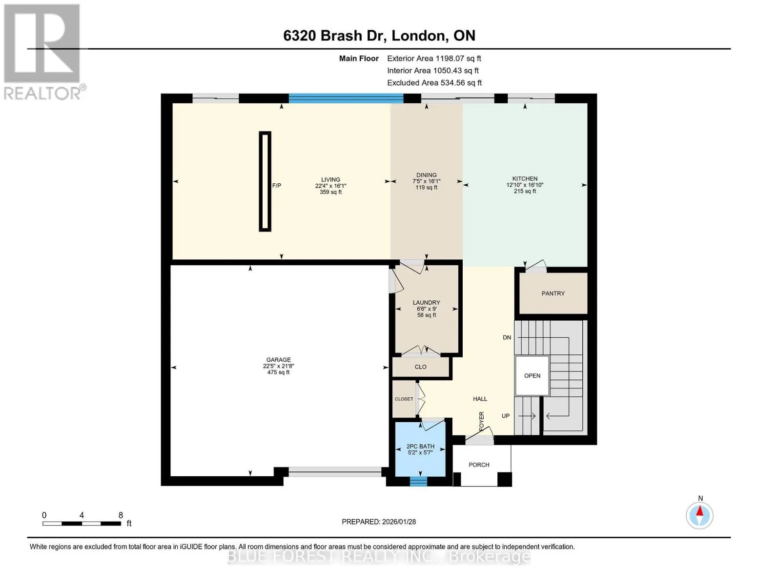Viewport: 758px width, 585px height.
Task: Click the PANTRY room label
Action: coord(553,293)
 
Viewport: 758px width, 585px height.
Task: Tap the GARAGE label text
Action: coord(278,360)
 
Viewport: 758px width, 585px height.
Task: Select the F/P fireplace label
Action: coord(277,185)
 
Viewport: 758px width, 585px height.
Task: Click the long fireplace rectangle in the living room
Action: coord(265,181)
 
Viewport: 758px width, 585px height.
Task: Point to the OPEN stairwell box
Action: coord(532,375)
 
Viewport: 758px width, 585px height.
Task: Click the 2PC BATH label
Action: coord(420,447)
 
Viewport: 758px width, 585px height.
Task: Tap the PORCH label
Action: coord(479,465)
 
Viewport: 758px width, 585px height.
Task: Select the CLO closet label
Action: coord(420,367)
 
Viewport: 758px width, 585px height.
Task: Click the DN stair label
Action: coord(507,337)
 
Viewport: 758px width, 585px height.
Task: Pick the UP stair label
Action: coord(506,416)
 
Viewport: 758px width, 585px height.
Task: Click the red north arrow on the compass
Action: coord(699,511)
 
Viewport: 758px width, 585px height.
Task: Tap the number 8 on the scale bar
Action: coord(121,515)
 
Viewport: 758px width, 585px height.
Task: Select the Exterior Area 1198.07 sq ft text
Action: coord(434,58)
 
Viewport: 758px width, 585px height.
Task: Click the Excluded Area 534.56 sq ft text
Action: coord(434,83)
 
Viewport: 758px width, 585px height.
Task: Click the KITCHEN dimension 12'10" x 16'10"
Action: coord(525,185)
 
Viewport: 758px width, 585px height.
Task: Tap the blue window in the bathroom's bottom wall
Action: coord(418,482)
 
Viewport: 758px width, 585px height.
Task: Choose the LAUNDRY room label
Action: coord(426,302)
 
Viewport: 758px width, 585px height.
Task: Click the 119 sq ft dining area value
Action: coord(426,188)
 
